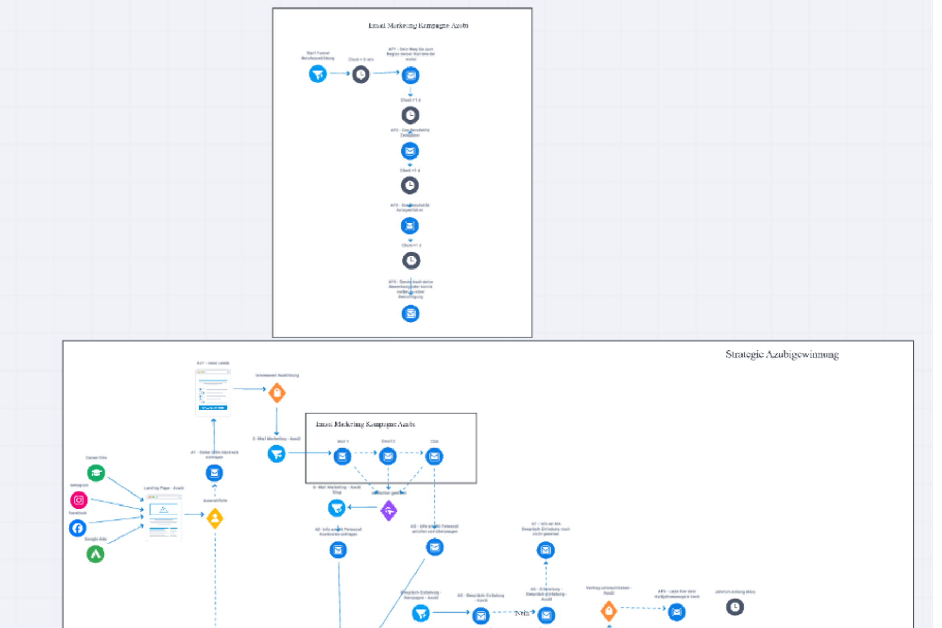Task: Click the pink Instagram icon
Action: coord(79,500)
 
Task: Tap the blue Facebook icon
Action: coord(77,528)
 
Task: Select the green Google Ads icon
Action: coord(95,554)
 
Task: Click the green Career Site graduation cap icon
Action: coord(96,473)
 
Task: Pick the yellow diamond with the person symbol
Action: coord(215,518)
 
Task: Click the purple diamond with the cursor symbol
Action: coord(389,510)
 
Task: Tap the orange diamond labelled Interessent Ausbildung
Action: coord(277,392)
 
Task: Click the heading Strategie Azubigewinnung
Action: coord(782,355)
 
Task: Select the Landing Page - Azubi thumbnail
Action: coord(163,517)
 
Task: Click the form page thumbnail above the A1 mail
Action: coord(213,392)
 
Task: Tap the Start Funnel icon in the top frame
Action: coord(318,74)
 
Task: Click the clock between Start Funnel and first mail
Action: coord(361,74)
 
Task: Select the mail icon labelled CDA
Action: coord(434,456)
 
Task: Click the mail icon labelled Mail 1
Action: coord(342,456)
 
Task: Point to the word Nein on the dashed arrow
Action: coord(522,613)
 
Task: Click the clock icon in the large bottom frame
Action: coord(735,607)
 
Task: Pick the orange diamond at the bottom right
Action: coord(608,610)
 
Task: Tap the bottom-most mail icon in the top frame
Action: coord(410,313)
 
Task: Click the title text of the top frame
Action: coord(418,26)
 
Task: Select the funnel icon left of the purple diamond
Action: coord(337,507)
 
